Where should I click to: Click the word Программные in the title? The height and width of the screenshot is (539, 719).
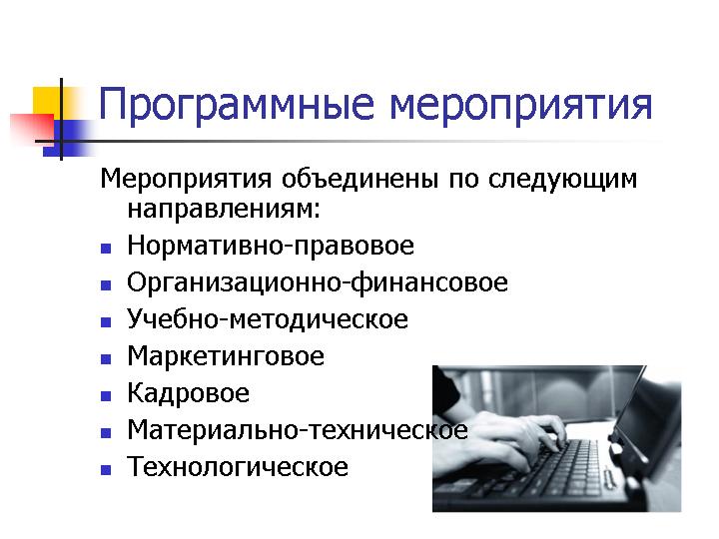tap(237, 106)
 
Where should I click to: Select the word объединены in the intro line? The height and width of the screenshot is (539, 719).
tap(359, 179)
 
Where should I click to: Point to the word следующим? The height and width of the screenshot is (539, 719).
tap(562, 180)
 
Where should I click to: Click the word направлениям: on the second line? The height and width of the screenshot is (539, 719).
tap(224, 210)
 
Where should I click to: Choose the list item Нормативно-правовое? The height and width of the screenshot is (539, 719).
tap(271, 246)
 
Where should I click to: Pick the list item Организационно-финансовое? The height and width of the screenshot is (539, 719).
tap(318, 282)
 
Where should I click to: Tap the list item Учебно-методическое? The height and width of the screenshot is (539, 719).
tap(268, 319)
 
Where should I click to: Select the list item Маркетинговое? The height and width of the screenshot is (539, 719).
tap(226, 356)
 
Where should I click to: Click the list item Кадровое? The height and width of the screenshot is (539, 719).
tap(189, 393)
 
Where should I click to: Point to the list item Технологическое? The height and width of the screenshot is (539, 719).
tap(238, 466)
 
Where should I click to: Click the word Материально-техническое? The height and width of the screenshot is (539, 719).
tap(298, 430)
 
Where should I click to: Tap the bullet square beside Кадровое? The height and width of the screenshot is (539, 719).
tap(106, 395)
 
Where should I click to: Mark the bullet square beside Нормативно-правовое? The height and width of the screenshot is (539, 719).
tap(106, 249)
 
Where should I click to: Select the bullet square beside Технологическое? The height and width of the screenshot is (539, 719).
tap(106, 470)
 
